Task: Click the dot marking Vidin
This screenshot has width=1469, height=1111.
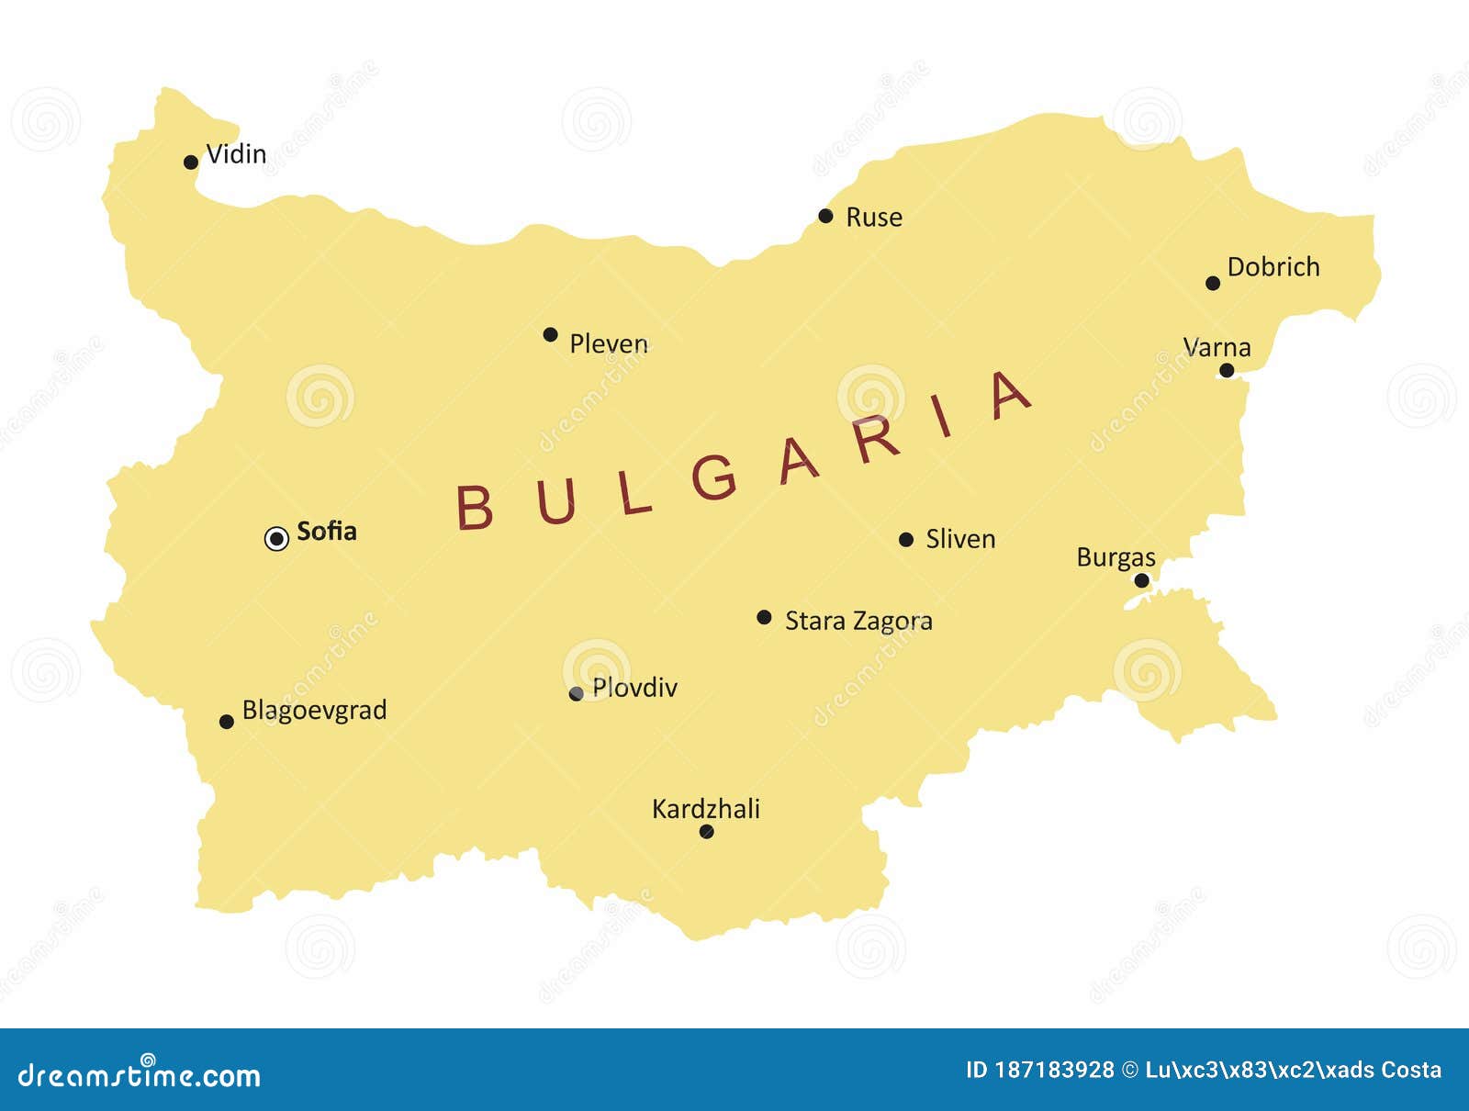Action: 191,163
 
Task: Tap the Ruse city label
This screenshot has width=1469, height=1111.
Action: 873,218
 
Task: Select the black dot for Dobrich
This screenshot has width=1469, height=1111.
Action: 1213,283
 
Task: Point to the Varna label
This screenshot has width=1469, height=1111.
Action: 1217,347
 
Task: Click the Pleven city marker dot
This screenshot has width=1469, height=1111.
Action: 550,334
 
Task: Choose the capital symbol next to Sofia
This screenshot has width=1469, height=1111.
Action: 276,539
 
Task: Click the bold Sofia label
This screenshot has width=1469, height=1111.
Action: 326,532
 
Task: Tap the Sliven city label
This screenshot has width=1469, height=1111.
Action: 959,539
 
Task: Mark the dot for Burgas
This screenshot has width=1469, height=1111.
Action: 1141,580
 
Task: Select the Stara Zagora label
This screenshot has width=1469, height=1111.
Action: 858,622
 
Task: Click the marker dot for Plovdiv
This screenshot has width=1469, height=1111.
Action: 576,694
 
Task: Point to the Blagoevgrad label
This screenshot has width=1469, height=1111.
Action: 314,711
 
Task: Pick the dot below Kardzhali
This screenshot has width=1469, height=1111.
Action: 706,832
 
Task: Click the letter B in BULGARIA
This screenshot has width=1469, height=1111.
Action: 475,507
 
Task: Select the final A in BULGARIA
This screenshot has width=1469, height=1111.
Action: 1010,397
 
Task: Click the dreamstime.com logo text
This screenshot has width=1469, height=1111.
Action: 140,1075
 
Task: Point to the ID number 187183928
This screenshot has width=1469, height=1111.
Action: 1054,1070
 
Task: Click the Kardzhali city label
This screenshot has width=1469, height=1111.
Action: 705,809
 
